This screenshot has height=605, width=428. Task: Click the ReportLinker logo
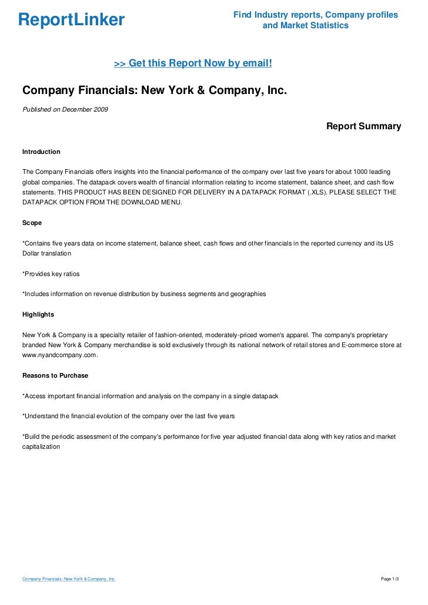[x=71, y=20]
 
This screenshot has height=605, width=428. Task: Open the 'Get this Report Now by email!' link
[x=193, y=63]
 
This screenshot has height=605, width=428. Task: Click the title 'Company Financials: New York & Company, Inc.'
[x=155, y=91]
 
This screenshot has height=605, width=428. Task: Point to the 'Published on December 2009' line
[x=65, y=109]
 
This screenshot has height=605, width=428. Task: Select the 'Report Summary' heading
[x=363, y=126]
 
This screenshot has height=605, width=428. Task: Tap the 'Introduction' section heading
[x=41, y=152]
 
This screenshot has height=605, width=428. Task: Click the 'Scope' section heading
[x=32, y=223]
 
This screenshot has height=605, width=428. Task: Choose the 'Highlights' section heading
[x=38, y=314]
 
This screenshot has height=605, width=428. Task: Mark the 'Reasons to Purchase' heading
[x=55, y=375]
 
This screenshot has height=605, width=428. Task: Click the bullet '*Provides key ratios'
[x=51, y=273]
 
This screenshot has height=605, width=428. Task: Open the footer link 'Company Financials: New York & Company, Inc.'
[x=69, y=579]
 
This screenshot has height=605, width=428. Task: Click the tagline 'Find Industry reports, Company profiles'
[x=316, y=15]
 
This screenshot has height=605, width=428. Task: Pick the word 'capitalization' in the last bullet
[x=41, y=446]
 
